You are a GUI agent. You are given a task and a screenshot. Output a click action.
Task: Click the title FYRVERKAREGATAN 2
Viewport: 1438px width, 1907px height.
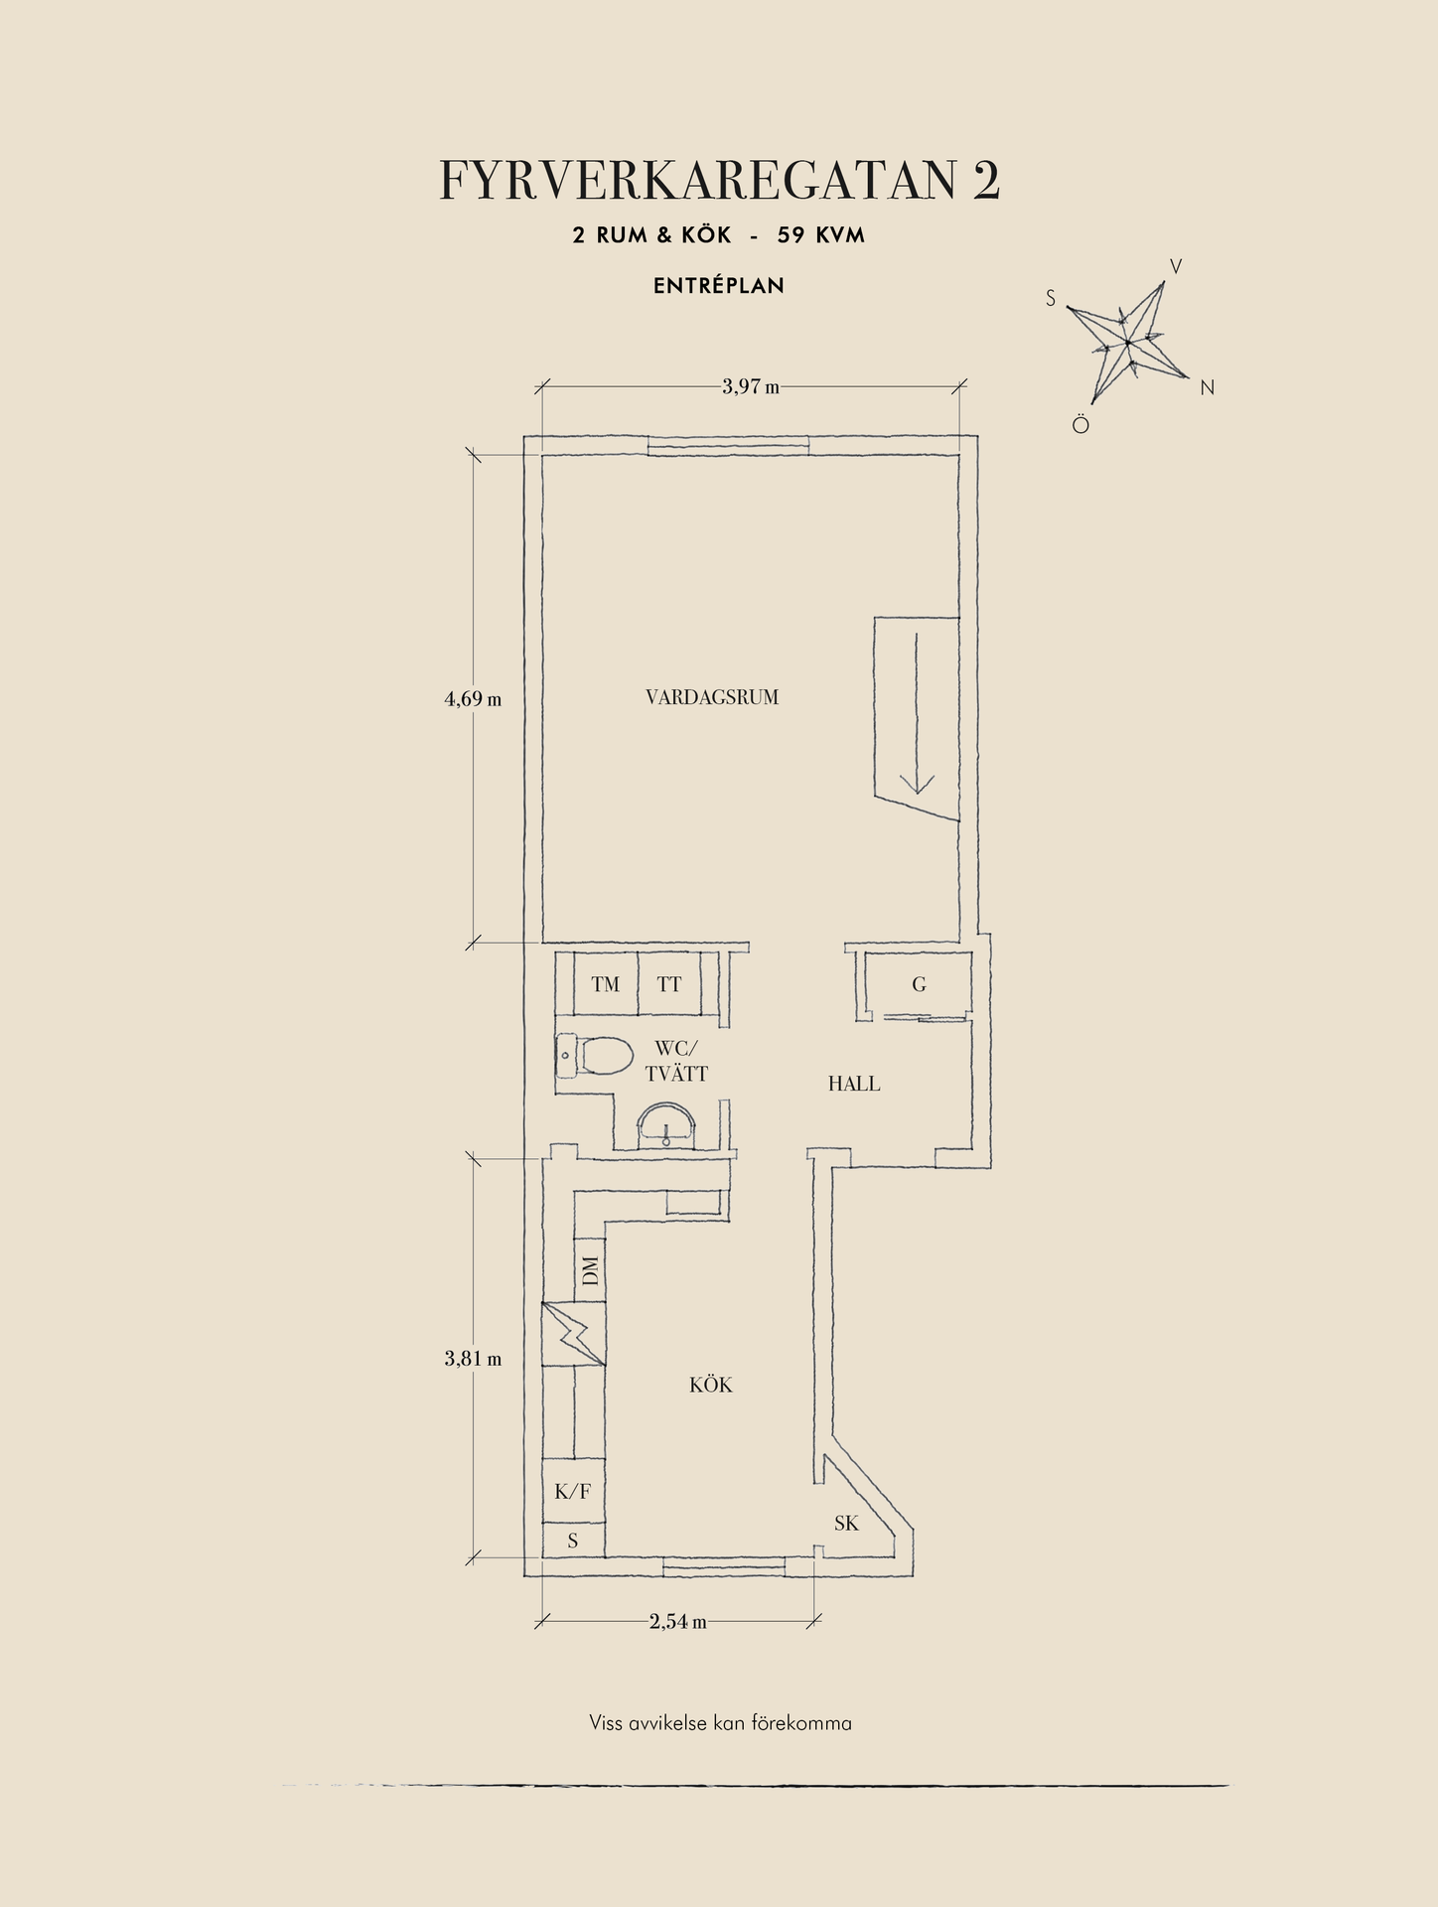coord(719,181)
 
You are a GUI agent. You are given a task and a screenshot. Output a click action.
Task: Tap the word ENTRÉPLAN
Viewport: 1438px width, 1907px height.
coord(719,286)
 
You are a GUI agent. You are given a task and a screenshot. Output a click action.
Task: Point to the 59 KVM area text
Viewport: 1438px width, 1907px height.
coord(821,235)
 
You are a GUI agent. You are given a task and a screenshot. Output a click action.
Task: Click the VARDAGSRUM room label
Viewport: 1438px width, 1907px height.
coord(712,697)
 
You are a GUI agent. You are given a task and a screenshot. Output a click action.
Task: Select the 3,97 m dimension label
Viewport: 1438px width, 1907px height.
coord(751,386)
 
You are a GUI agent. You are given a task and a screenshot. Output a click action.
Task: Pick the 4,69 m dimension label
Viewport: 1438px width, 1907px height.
coord(473,699)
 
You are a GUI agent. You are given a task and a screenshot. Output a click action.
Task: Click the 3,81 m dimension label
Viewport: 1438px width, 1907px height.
coord(473,1359)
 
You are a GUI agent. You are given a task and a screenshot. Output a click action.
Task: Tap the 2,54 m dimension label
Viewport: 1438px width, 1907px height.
coord(678,1622)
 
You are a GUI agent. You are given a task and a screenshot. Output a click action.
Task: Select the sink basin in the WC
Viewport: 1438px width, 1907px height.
coord(667,1125)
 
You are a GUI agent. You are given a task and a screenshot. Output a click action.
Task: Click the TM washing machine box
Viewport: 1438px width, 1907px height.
coord(605,983)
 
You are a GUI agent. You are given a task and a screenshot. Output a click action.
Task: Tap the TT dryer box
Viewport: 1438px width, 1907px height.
coord(669,983)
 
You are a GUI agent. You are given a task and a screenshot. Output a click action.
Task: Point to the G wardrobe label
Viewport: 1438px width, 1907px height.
coord(920,984)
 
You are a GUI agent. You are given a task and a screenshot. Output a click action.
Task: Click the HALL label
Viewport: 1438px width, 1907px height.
coord(854,1084)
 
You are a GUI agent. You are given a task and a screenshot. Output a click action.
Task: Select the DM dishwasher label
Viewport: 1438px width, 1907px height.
coord(591,1270)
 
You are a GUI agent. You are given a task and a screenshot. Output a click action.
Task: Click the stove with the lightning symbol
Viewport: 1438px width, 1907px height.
coord(573,1334)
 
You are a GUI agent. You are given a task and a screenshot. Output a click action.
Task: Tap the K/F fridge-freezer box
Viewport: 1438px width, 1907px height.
coord(573,1491)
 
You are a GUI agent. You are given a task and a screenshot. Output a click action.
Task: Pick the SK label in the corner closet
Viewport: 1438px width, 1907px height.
coord(846,1524)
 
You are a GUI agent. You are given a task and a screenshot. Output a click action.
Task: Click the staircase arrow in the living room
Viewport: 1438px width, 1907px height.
coord(916,713)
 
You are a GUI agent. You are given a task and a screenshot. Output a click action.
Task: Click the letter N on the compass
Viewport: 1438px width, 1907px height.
coord(1208,388)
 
